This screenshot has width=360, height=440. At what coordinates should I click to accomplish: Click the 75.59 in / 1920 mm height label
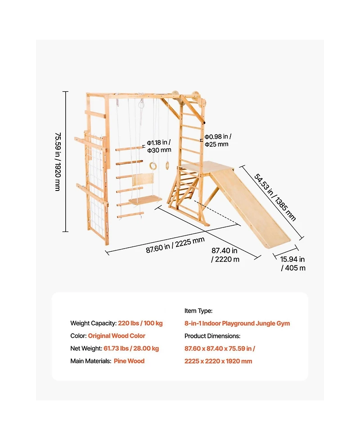tap(58, 162)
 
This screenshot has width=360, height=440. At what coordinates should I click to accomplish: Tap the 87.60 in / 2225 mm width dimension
tap(175, 245)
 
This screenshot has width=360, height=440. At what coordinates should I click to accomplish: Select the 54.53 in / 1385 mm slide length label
tap(275, 197)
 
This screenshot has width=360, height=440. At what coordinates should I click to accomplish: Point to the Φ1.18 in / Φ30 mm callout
tap(159, 146)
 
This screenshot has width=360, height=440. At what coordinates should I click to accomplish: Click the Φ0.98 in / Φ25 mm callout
tap(218, 141)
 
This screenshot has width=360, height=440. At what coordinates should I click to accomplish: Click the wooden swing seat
tap(145, 200)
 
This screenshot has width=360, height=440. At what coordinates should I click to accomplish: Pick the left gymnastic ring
tap(153, 166)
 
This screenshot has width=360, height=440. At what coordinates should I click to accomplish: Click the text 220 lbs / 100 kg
tap(140, 323)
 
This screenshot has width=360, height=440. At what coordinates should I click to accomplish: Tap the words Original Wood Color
tap(117, 336)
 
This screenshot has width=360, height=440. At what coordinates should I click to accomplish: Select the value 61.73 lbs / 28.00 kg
tap(131, 349)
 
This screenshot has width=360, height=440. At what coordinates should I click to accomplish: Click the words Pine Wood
tap(129, 361)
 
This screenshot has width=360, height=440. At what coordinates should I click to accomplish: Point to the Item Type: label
tap(198, 311)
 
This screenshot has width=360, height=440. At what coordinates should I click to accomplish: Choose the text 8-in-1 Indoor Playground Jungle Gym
tap(237, 323)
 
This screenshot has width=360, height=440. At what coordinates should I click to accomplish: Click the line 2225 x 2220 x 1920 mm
tap(218, 362)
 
